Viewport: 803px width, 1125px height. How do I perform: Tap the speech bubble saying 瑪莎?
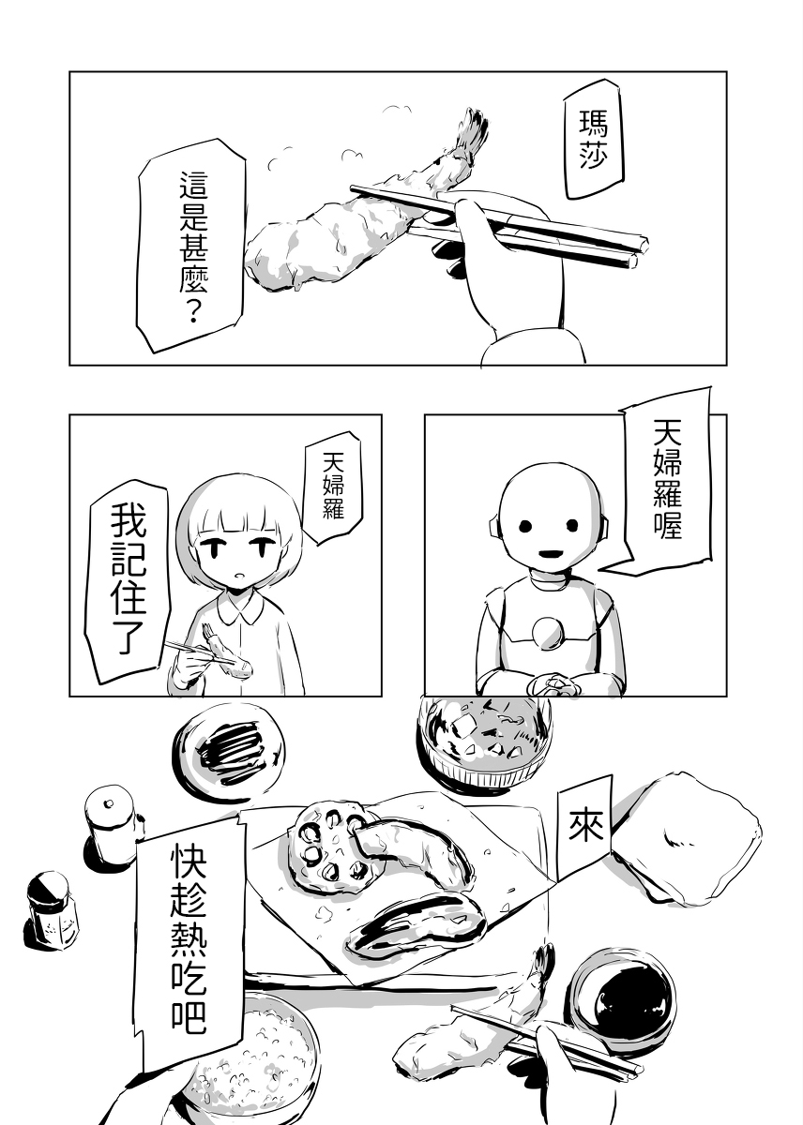593,145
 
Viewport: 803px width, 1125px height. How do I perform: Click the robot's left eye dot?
525,526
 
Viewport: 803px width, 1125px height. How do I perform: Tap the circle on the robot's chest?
547,634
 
